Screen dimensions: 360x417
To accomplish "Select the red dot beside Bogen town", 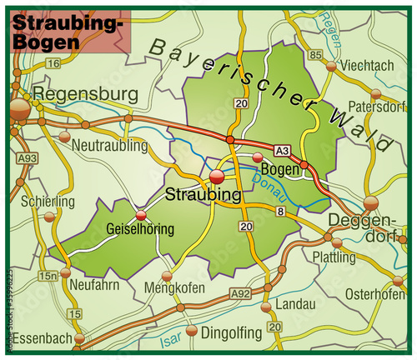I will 258,157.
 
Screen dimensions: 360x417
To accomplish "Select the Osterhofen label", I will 374,294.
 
